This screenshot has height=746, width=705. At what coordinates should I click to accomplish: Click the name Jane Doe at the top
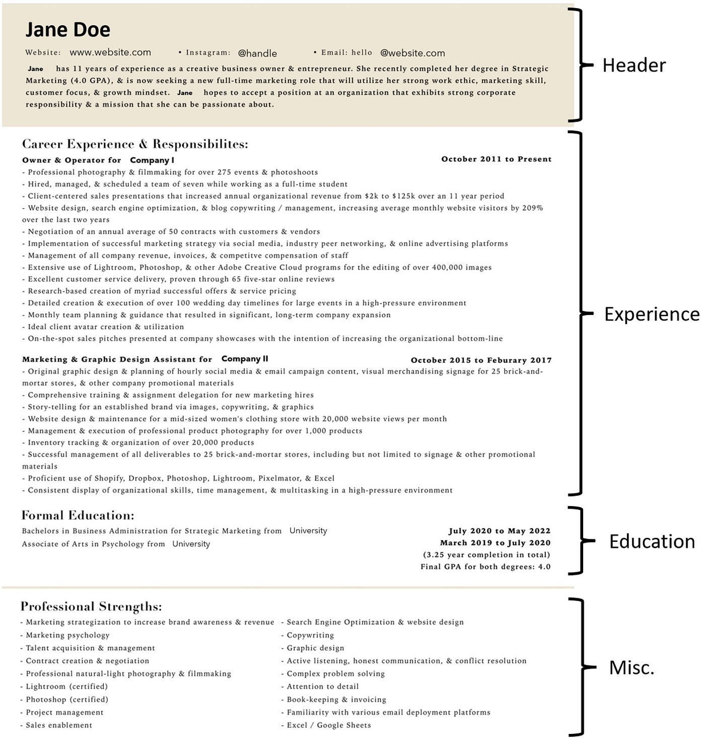[67, 30]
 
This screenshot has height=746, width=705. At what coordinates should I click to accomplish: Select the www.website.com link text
[110, 52]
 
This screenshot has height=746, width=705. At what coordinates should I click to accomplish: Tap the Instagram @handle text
[257, 53]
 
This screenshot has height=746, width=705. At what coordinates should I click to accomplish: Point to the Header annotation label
[633, 66]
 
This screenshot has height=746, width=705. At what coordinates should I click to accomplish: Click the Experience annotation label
[651, 314]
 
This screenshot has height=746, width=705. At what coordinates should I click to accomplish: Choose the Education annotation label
[652, 541]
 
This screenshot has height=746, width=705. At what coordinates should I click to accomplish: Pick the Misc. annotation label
[631, 668]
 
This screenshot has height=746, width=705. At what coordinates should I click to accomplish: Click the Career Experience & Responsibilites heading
[135, 144]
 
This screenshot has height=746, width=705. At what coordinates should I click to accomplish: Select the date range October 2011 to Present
[496, 159]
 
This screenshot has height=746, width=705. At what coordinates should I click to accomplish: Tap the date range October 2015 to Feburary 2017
[481, 360]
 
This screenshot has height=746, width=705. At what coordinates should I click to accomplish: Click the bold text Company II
[245, 359]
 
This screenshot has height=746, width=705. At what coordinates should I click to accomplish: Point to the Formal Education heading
[78, 516]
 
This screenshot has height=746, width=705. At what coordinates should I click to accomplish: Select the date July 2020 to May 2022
[499, 531]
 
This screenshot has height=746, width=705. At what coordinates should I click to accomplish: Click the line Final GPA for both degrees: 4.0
[485, 567]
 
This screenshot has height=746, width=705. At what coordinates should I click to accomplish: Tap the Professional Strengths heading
[91, 606]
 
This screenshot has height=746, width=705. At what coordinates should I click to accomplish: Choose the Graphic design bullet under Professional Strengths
[315, 648]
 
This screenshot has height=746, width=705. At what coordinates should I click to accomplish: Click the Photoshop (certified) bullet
[66, 700]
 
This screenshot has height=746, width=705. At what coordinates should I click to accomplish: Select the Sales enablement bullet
[59, 725]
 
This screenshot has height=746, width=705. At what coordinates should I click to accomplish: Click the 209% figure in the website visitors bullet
[532, 208]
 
